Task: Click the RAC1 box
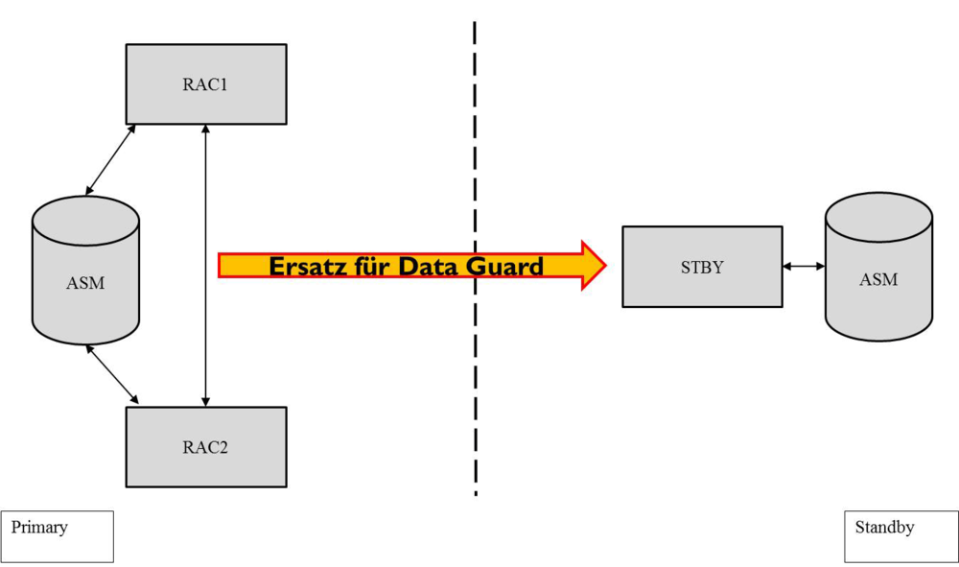[x=206, y=83]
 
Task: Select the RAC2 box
[x=206, y=446]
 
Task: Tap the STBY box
[x=702, y=267]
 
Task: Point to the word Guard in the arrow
[x=504, y=266]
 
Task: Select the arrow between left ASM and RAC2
[x=112, y=373]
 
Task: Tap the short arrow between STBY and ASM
[x=804, y=266]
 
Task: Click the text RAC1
[x=206, y=83]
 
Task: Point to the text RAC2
[x=206, y=446]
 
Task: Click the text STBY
[x=702, y=267]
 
